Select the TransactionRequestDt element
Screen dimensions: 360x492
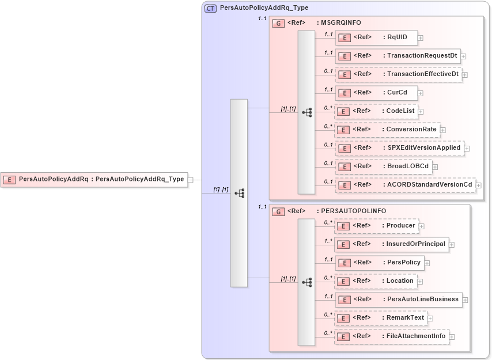pos(398,56)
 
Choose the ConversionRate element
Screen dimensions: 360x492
pos(387,130)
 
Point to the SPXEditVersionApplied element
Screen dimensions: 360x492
pos(400,148)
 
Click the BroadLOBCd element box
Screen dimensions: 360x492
pos(384,166)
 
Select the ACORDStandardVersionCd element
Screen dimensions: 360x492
pos(406,185)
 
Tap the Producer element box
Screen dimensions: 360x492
pos(377,226)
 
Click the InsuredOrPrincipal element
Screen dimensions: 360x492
pos(392,244)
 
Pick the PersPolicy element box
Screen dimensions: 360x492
pos(380,263)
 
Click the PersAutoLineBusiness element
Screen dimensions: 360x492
pos(399,300)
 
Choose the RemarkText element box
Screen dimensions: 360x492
pos(381,318)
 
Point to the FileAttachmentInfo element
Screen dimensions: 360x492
pos(392,336)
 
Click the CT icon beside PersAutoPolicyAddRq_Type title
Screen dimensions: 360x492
pos(211,8)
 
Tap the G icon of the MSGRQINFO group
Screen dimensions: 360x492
pos(278,23)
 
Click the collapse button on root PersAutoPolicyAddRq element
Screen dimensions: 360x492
pos(191,180)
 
